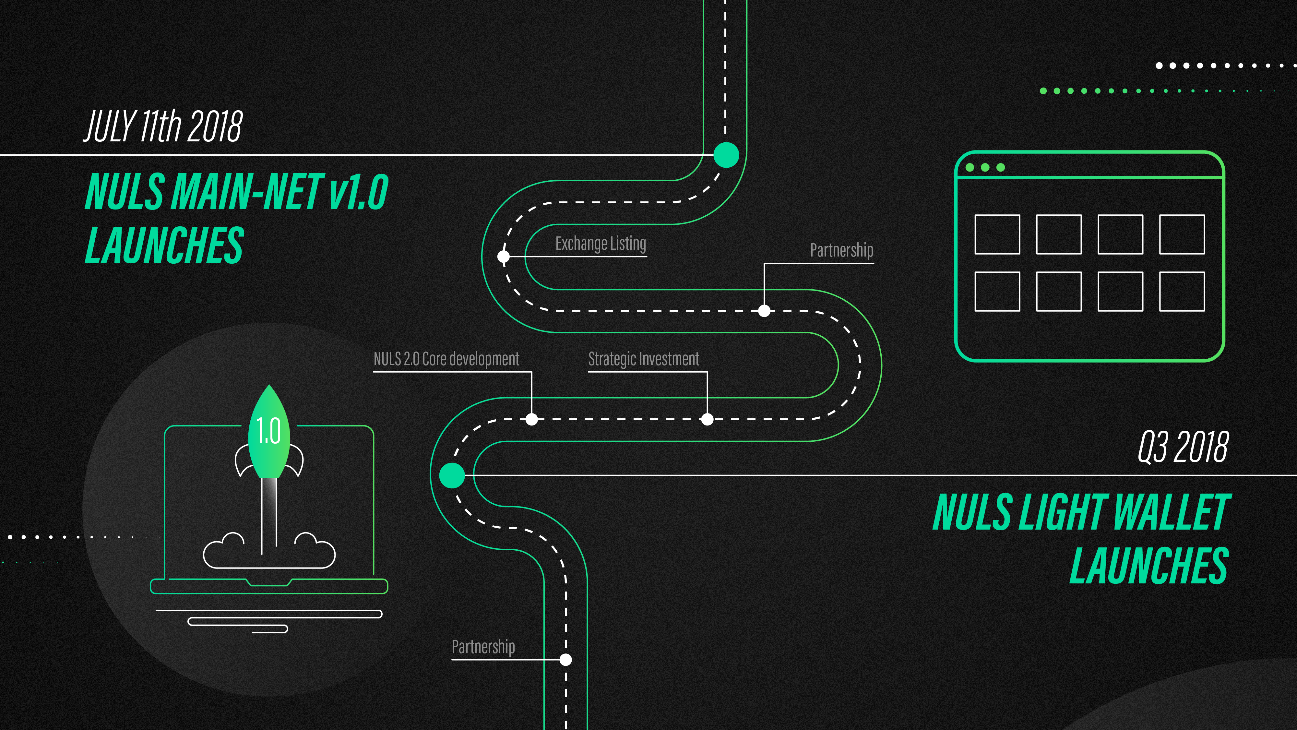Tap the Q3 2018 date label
tap(1183, 447)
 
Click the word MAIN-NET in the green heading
tap(248, 191)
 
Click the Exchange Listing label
tap(601, 244)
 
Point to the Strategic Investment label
tap(643, 359)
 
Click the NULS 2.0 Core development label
tap(446, 359)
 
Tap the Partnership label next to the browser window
tap(841, 250)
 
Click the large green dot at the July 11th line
tap(726, 155)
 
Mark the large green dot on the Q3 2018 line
tap(452, 475)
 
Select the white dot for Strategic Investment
tap(708, 419)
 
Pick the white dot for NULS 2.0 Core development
tap(532, 419)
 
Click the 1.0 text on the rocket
tap(268, 431)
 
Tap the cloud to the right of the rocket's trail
tap(314, 550)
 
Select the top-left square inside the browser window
tap(997, 234)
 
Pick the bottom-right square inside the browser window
tap(1182, 292)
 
